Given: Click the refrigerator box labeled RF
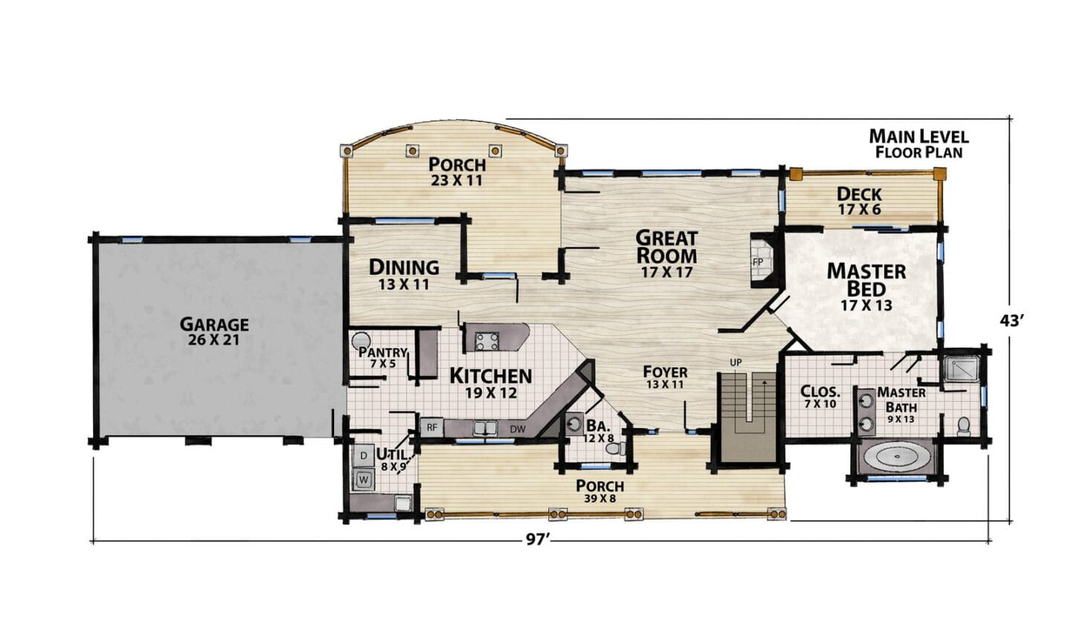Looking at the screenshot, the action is pyautogui.click(x=431, y=427).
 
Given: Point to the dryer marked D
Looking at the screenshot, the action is pyautogui.click(x=364, y=455).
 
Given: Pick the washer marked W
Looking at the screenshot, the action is pyautogui.click(x=364, y=479).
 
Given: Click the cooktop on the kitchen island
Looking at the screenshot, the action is pyautogui.click(x=487, y=341).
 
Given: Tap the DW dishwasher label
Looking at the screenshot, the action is pyautogui.click(x=518, y=429).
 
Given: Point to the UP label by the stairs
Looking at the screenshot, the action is pyautogui.click(x=736, y=362).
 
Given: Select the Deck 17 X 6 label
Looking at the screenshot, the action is pyautogui.click(x=859, y=201).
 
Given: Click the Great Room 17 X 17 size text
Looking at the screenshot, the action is pyautogui.click(x=666, y=272).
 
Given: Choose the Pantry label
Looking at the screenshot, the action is pyautogui.click(x=382, y=352).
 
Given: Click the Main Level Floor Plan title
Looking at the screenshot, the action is pyautogui.click(x=919, y=144).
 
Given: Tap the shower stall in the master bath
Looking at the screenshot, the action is pyautogui.click(x=961, y=368).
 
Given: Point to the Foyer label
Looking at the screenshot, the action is pyautogui.click(x=665, y=372).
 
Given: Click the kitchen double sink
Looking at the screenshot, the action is pyautogui.click(x=486, y=428).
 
